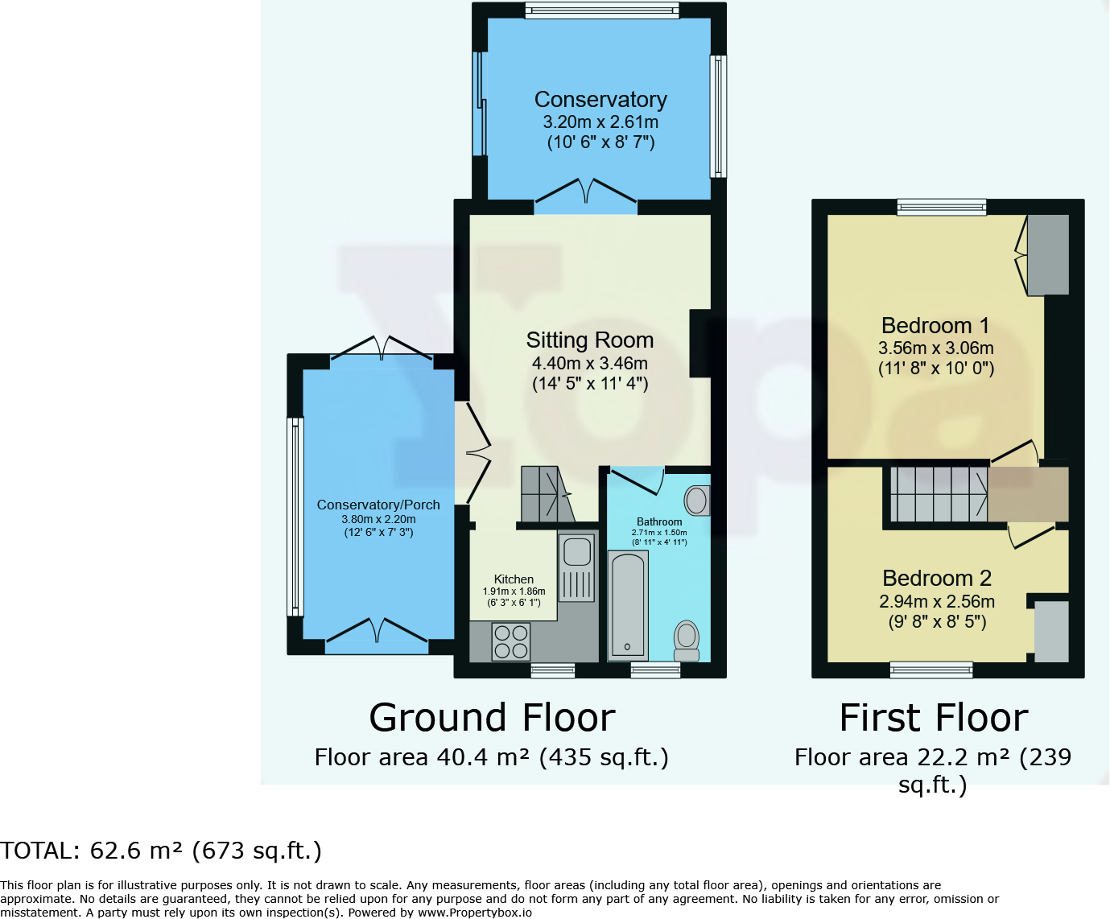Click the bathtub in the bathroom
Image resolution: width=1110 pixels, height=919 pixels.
pyautogui.click(x=627, y=604)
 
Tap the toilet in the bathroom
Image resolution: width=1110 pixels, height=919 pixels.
pyautogui.click(x=687, y=639)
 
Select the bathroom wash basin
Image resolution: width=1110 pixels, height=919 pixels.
pyautogui.click(x=697, y=501)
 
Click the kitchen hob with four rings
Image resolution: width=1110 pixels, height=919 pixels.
pyautogui.click(x=511, y=641)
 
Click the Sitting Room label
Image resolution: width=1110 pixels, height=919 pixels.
pyautogui.click(x=589, y=340)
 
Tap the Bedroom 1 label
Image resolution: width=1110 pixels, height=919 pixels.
pyautogui.click(x=935, y=326)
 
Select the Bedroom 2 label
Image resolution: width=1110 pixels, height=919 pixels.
pyautogui.click(x=936, y=579)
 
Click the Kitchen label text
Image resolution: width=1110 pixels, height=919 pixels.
pyautogui.click(x=514, y=579)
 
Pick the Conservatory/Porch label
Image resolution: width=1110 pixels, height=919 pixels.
pyautogui.click(x=378, y=505)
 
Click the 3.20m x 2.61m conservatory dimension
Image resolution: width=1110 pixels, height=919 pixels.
pyautogui.click(x=600, y=122)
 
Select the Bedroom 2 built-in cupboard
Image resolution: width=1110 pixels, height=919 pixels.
pyautogui.click(x=1050, y=631)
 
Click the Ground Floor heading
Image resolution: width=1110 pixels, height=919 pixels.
pyautogui.click(x=492, y=718)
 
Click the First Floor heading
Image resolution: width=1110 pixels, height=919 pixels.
pyautogui.click(x=934, y=718)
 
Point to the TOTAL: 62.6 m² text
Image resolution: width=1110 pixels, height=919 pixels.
pyautogui.click(x=161, y=851)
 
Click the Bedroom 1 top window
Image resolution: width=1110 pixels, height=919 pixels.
pyautogui.click(x=941, y=207)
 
